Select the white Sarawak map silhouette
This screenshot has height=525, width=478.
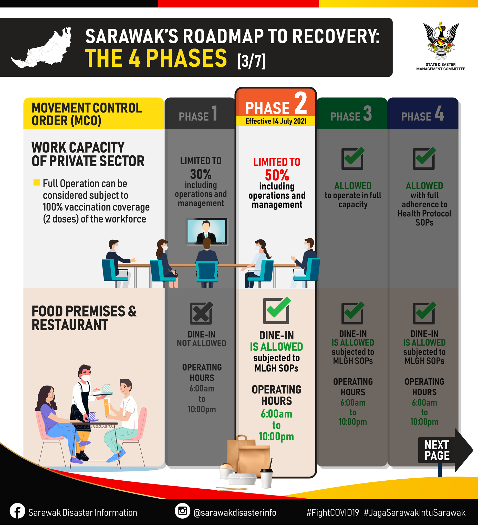pos(42,48)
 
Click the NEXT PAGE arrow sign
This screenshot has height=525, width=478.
pos(445,450)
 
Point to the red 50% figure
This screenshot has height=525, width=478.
pos(277,175)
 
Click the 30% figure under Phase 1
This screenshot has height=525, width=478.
pos(201,174)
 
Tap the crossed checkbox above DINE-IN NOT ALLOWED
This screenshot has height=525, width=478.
pos(201,313)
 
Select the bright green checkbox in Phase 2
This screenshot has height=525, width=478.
pos(277,310)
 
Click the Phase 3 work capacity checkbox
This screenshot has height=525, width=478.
pos(352,158)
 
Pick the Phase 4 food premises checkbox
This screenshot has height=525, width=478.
pos(424,313)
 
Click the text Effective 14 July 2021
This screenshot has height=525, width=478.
pos(276,121)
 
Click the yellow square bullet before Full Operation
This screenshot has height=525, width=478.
pos(36,182)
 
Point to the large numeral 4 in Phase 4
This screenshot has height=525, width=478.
pos(439,113)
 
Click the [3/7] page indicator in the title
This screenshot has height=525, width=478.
pos(251,61)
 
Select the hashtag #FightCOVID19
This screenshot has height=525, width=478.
pos(332,512)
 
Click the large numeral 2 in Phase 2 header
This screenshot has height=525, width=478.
pos(301,103)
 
